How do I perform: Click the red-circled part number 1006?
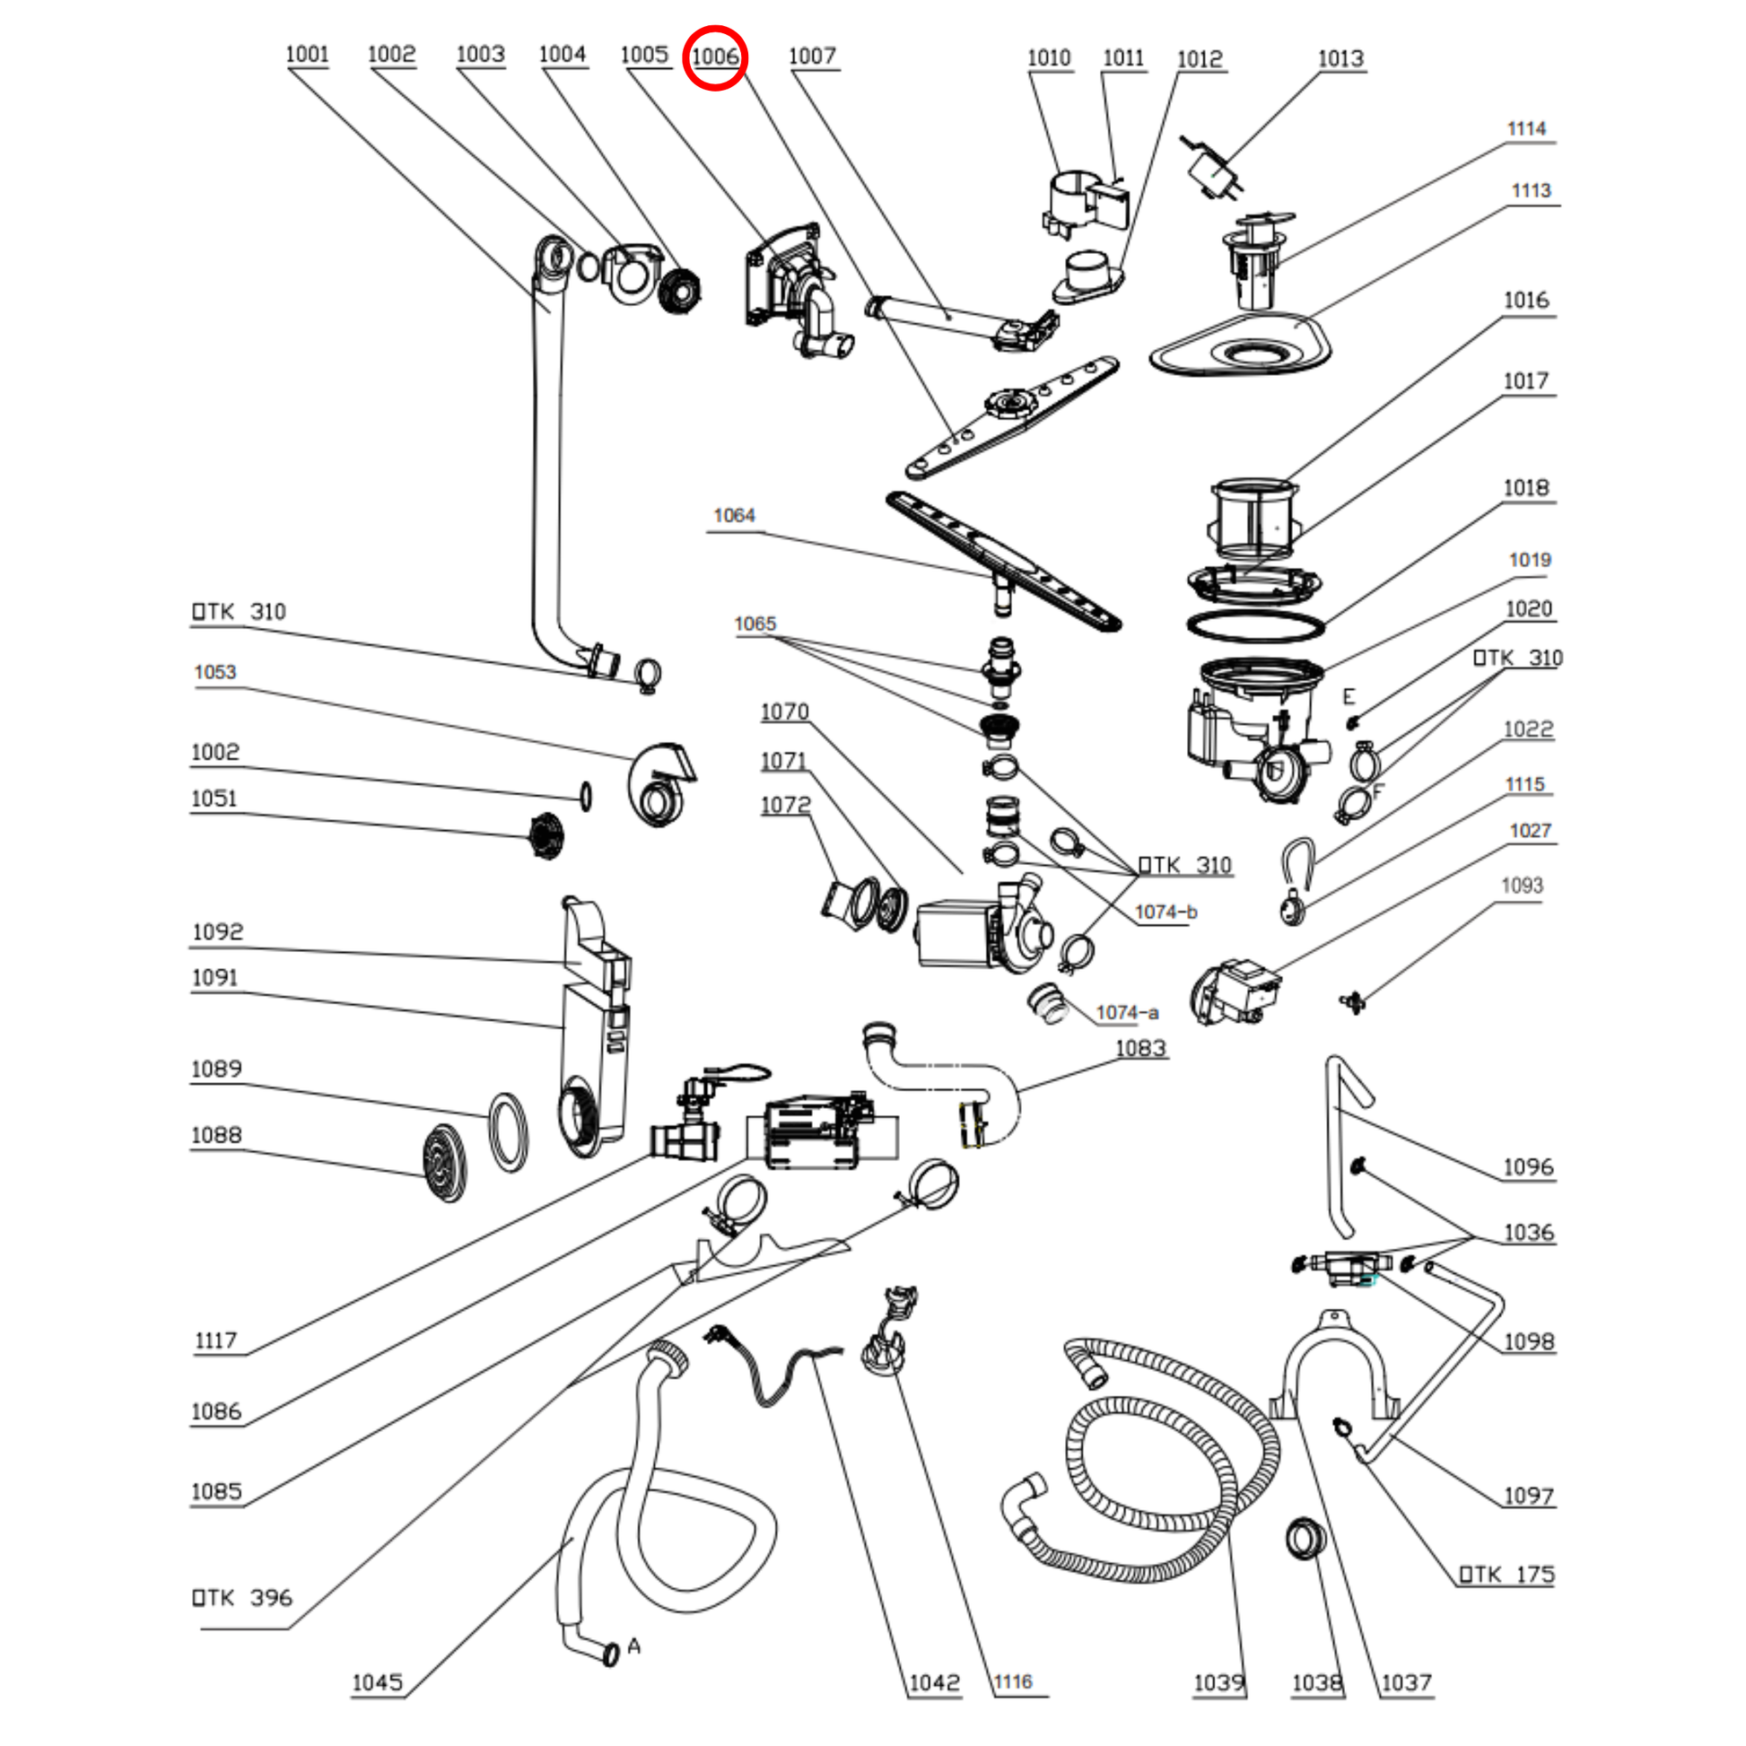point(715,57)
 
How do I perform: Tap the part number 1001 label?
point(307,54)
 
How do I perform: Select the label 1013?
point(1340,58)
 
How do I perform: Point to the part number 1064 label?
point(734,515)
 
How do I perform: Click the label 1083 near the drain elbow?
point(1140,1048)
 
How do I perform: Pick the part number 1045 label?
point(377,1682)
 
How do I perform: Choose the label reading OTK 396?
point(242,1598)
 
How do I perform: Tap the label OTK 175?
point(1506,1575)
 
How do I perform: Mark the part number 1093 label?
point(1522,886)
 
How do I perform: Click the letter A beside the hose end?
point(634,1646)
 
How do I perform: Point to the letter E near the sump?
point(1349,697)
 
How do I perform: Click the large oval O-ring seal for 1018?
point(1254,624)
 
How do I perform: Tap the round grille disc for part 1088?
point(445,1162)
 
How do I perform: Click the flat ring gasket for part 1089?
point(508,1132)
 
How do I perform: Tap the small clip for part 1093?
point(1352,1001)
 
